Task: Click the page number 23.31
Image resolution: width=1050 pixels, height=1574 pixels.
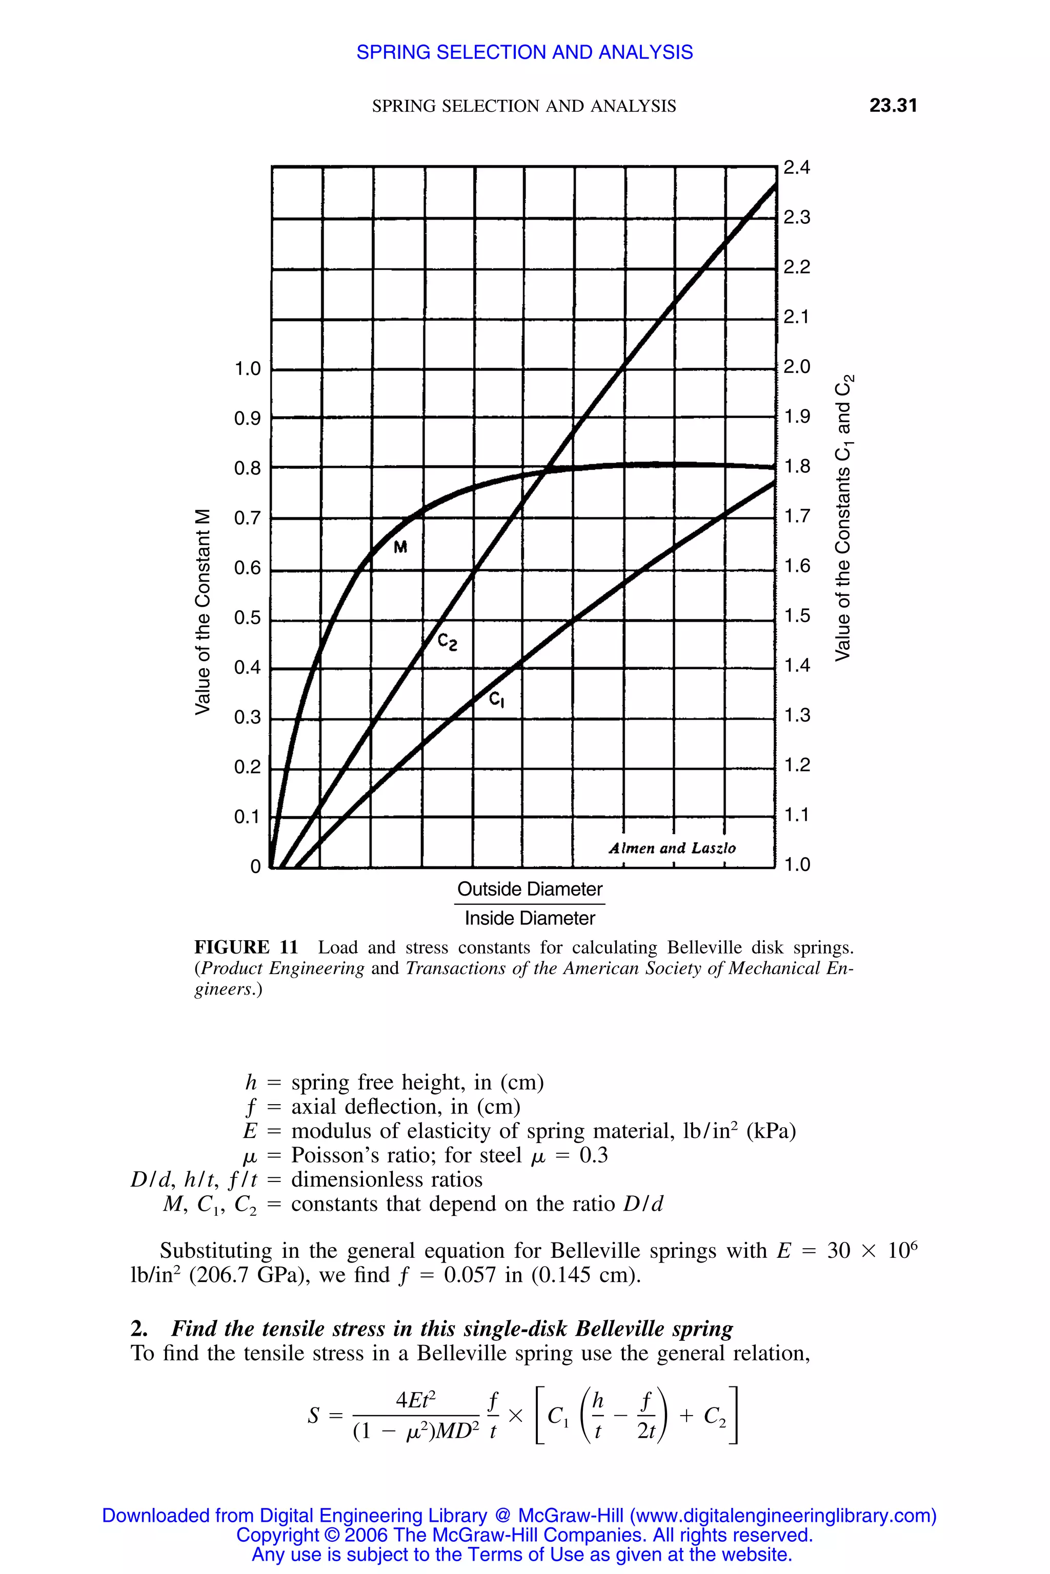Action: pos(893,105)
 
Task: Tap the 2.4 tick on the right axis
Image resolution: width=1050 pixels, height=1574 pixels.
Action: pos(796,168)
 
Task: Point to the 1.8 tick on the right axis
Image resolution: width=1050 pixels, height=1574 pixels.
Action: pos(796,466)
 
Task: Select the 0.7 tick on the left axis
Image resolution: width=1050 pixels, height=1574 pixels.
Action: pos(247,518)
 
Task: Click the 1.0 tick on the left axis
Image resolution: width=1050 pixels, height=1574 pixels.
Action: pos(247,369)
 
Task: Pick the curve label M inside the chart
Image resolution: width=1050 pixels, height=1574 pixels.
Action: pos(400,547)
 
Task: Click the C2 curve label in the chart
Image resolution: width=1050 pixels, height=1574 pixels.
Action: pos(447,643)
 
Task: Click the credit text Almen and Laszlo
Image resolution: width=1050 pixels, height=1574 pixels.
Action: pos(672,848)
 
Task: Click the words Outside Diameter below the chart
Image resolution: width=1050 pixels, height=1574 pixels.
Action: pos(530,889)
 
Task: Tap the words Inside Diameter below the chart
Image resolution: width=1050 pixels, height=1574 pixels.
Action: pos(530,918)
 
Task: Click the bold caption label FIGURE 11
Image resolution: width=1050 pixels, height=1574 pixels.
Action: pos(246,947)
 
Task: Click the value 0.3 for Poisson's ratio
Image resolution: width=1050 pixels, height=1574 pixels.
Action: pos(593,1155)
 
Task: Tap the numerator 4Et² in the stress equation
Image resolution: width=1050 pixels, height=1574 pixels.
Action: pos(415,1400)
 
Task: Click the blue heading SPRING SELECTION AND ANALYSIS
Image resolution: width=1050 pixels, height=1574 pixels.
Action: pos(524,52)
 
